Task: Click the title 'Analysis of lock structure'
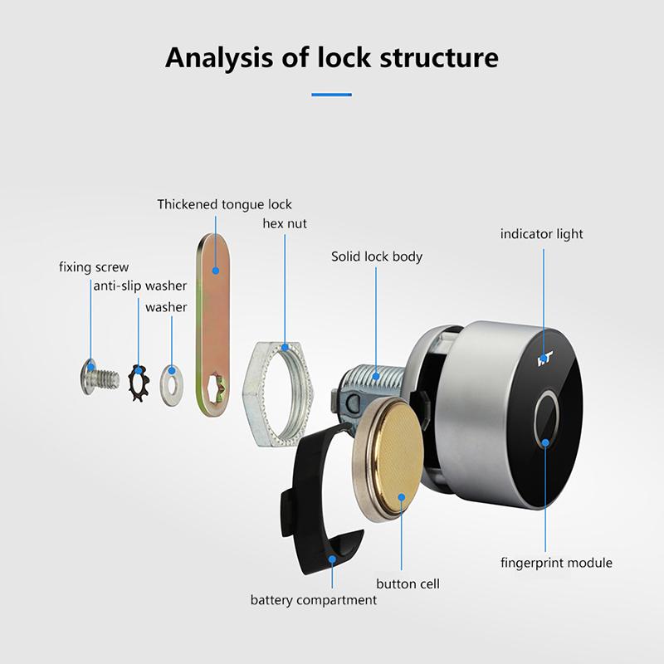tap(332, 58)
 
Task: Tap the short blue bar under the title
tap(332, 95)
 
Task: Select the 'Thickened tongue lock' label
tap(225, 204)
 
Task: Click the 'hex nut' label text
tap(285, 223)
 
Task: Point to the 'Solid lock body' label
tap(377, 256)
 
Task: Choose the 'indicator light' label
tap(541, 234)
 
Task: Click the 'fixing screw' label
tap(94, 267)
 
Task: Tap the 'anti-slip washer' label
tap(139, 286)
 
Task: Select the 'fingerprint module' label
tap(556, 563)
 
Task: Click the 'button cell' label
tap(408, 583)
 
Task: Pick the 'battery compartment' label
tap(314, 599)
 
